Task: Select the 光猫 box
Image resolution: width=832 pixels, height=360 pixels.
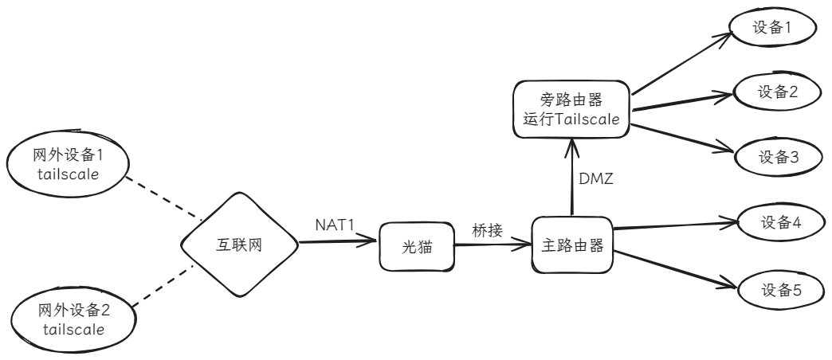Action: (x=413, y=247)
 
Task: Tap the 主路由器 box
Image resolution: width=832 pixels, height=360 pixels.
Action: (x=571, y=245)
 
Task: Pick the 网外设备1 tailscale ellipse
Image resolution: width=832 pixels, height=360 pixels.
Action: (x=69, y=162)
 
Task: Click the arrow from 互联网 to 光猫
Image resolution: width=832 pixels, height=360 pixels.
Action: (x=335, y=240)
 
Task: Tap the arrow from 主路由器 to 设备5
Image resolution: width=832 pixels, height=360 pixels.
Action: (x=677, y=270)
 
